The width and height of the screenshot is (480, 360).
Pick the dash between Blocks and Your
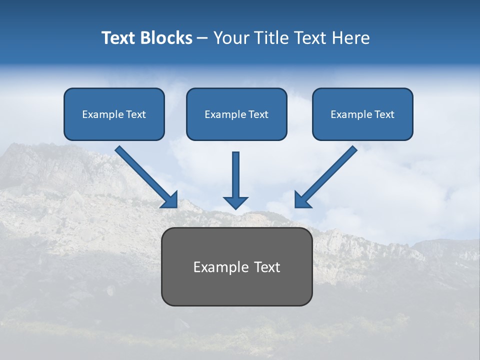click(x=202, y=38)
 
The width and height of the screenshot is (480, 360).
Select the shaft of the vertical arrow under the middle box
click(x=236, y=173)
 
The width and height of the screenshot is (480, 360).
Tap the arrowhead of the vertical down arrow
click(x=235, y=202)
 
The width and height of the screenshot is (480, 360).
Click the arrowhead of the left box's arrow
click(x=170, y=200)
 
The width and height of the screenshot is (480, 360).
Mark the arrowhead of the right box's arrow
click(x=301, y=200)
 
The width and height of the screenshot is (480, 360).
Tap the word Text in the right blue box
click(x=384, y=114)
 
